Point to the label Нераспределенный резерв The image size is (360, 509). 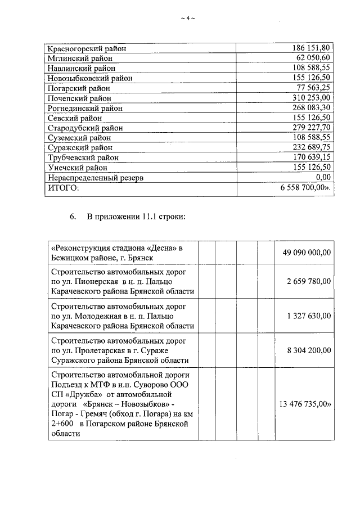[95, 178]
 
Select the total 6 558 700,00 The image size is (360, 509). [304, 188]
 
